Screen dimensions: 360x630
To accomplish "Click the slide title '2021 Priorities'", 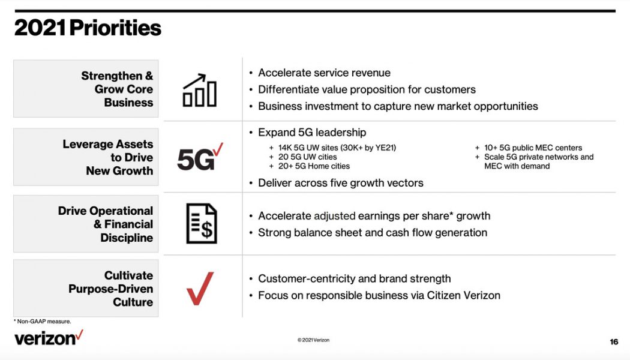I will pos(88,28).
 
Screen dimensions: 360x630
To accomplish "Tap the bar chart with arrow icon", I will pos(199,91).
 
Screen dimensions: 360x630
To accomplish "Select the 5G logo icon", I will pos(200,158).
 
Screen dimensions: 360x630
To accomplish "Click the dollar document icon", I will pos(201,223).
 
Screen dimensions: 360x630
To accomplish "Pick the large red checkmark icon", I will pos(200,289).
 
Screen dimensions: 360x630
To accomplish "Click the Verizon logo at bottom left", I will pos(49,338).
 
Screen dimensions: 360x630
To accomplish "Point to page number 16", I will pos(613,341).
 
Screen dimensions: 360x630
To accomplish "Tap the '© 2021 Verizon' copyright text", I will pos(313,340).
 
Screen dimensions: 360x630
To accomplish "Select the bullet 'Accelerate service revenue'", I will pos(324,73).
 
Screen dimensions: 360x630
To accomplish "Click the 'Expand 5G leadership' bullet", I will pos(312,133).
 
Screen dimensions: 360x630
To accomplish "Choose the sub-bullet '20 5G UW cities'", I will pos(307,157).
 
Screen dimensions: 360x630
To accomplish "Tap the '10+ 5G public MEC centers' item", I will pos(533,148).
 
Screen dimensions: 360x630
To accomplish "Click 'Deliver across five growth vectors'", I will pos(340,183).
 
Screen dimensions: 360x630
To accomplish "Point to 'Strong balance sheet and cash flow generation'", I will pos(372,233).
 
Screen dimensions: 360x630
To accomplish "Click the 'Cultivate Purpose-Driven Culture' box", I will pos(86,289).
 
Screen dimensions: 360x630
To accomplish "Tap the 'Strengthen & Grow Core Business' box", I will pos(86,89).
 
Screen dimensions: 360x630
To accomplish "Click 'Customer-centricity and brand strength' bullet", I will pos(354,278).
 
